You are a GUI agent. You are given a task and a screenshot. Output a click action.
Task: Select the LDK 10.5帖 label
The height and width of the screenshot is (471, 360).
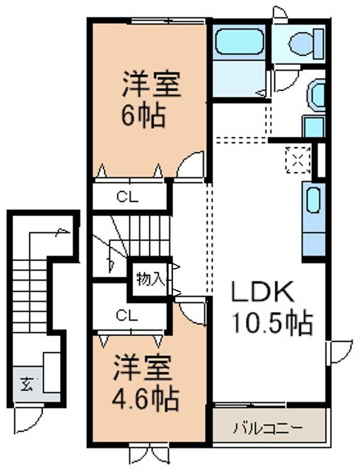[272, 308]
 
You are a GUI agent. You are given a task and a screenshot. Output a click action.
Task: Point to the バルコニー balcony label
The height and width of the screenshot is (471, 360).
[268, 428]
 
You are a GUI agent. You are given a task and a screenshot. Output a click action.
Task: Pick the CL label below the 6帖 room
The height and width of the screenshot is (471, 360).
[127, 197]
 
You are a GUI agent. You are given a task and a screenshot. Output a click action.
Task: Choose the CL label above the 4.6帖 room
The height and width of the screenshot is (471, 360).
[127, 316]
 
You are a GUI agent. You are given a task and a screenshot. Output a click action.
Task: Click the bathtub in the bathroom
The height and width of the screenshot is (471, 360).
[239, 41]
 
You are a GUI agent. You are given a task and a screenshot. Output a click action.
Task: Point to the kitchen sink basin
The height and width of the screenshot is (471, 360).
[314, 200]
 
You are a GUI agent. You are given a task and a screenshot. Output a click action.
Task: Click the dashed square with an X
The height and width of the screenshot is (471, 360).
[298, 160]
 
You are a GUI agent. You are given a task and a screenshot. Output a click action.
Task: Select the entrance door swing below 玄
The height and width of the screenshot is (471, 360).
[29, 421]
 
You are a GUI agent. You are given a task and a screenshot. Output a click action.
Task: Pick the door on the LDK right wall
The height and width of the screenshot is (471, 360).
[340, 352]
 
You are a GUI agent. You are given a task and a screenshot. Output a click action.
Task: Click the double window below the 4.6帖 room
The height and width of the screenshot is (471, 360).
[149, 455]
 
